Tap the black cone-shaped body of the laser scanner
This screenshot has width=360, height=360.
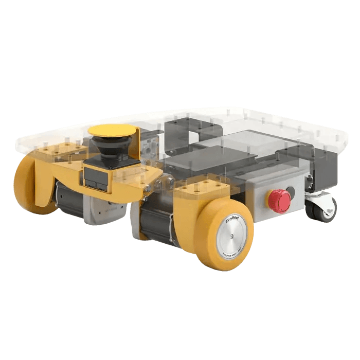tap(110, 149)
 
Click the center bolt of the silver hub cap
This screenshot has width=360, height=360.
tap(232, 236)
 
